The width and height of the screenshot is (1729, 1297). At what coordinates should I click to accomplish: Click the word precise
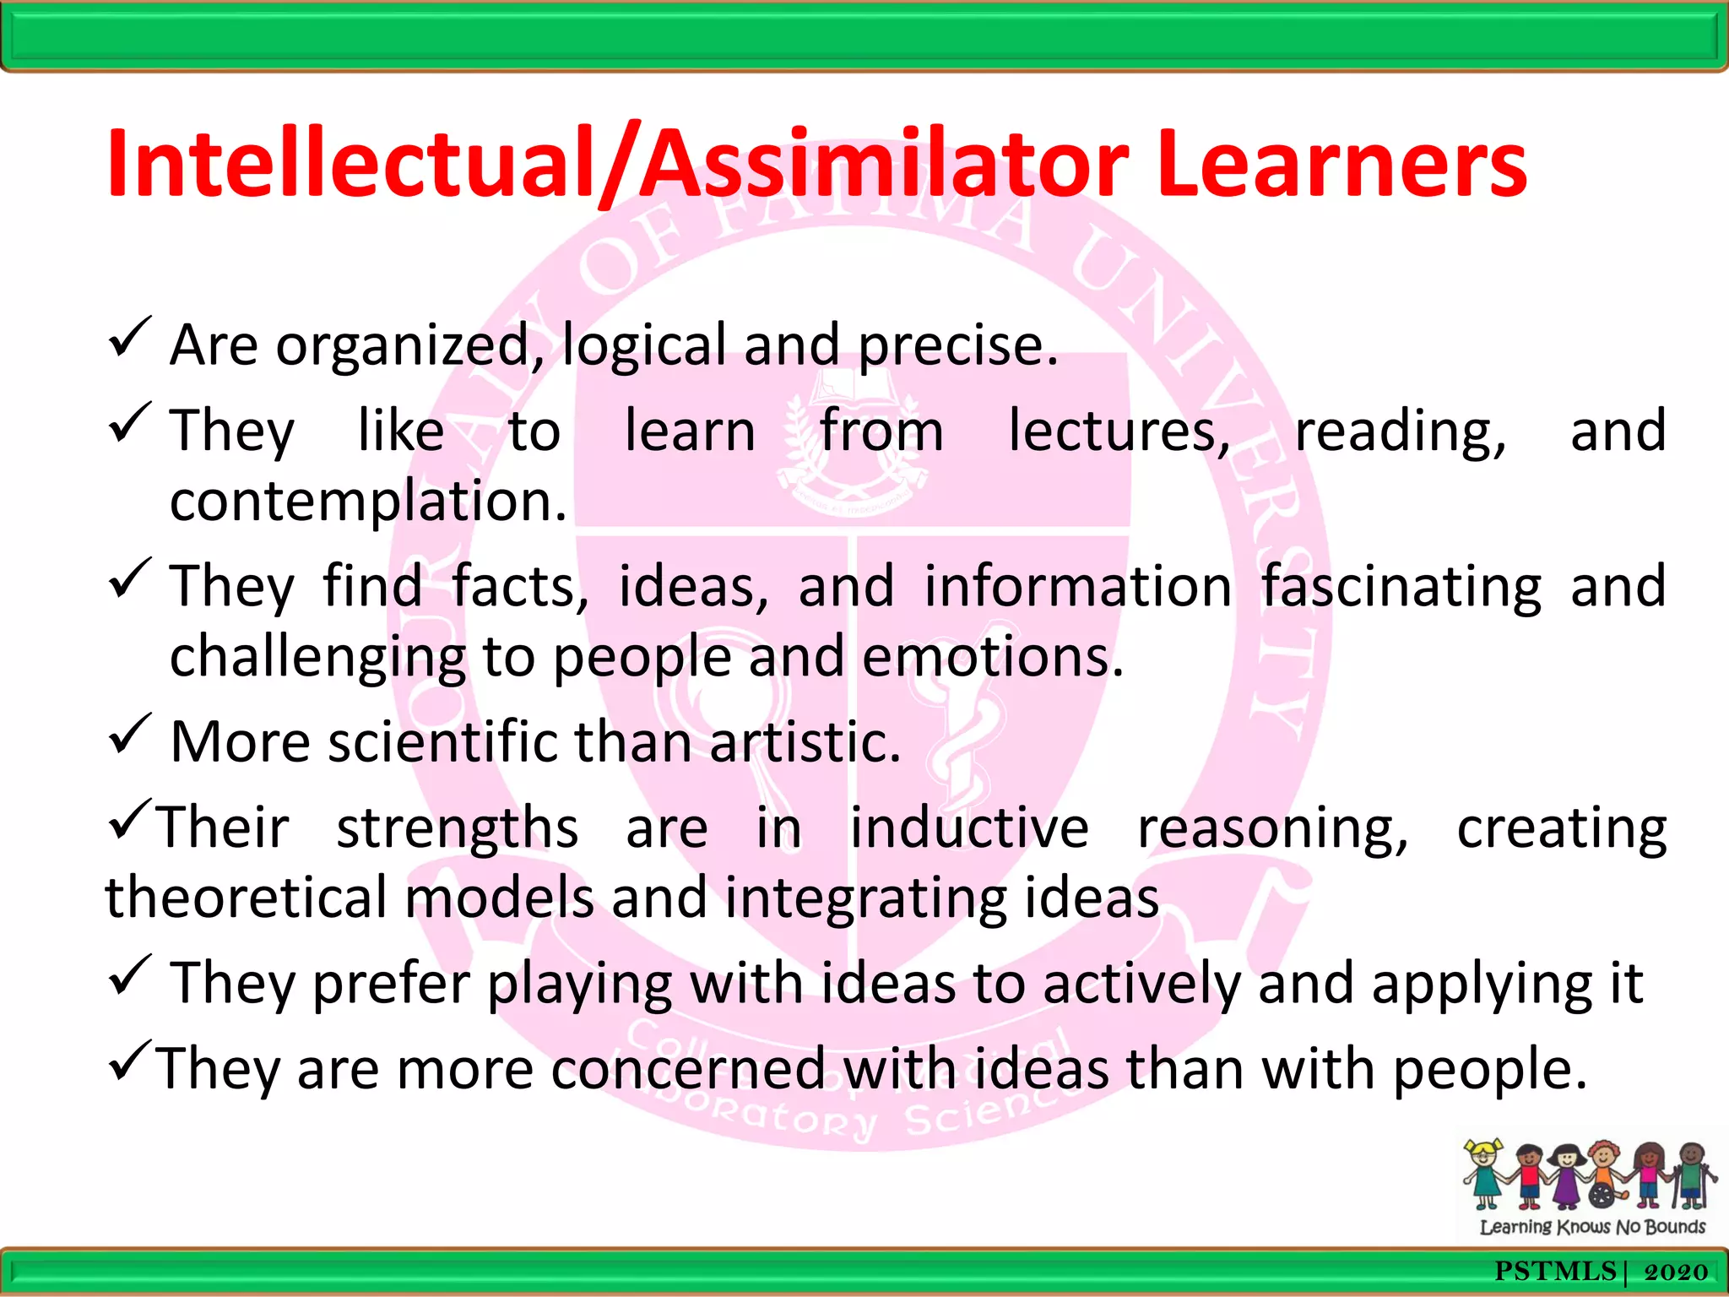(x=957, y=345)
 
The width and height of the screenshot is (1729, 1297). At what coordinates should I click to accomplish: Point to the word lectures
(x=1119, y=431)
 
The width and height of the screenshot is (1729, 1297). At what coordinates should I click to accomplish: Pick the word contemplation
(x=367, y=501)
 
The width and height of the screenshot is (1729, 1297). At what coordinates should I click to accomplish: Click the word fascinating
(x=1401, y=586)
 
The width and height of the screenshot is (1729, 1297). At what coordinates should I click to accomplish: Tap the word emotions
(x=993, y=656)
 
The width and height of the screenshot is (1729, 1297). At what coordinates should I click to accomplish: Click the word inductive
(x=968, y=828)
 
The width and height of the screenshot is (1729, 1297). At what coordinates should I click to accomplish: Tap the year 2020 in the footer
(x=1676, y=1272)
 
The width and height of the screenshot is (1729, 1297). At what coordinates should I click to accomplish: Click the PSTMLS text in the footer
(x=1554, y=1272)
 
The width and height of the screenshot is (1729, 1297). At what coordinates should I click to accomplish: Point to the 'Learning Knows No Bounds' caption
(x=1592, y=1226)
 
